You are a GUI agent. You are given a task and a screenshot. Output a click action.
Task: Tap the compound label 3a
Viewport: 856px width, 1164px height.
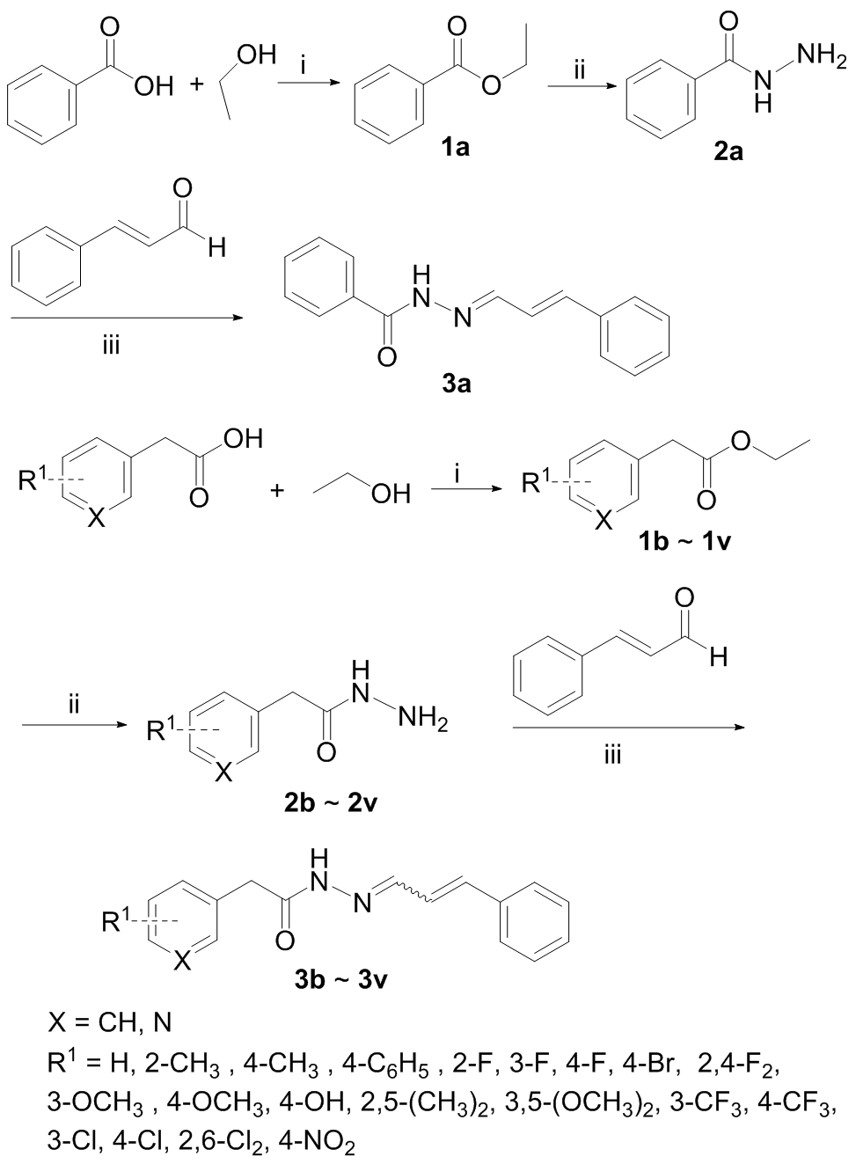click(456, 384)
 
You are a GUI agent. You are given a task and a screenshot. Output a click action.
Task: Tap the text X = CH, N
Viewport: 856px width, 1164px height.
click(110, 1022)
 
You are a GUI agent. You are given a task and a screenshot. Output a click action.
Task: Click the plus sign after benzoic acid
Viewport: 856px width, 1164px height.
click(196, 85)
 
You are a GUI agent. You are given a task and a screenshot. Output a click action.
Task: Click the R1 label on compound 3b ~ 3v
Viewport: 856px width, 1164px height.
click(117, 922)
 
